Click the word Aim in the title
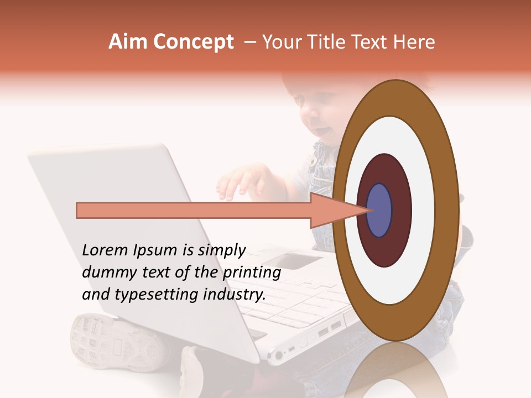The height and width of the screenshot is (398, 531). coord(129,42)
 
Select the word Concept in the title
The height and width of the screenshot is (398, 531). coord(194,42)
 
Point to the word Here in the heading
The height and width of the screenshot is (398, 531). coord(414,42)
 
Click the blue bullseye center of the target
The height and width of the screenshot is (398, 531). coord(379,211)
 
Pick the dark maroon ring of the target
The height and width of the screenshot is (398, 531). coord(384,249)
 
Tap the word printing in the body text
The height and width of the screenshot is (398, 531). coord(252,273)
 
